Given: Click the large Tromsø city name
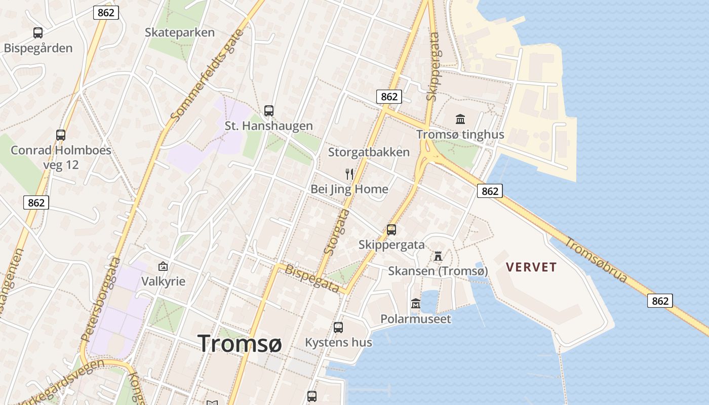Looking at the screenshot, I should (240, 343).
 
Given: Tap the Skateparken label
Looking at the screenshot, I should (180, 32).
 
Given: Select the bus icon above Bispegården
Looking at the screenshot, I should (38, 33).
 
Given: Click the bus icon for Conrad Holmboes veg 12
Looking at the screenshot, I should (61, 135).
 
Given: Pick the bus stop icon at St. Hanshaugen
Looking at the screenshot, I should (269, 111).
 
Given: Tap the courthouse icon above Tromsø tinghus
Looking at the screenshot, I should (460, 119).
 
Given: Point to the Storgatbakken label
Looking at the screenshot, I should (369, 152).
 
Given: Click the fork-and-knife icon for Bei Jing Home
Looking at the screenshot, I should (349, 174).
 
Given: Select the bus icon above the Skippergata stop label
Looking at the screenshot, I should (391, 230).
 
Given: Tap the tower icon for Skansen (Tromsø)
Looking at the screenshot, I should (438, 256).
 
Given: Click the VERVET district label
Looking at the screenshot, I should (532, 267).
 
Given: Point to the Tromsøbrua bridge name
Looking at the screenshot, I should (596, 260).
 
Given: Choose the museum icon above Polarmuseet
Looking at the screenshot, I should (416, 304).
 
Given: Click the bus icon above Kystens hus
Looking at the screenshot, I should (338, 328).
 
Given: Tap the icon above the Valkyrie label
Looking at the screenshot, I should (163, 266).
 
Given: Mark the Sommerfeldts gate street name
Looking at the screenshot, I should (207, 76).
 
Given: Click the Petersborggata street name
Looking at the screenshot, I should (100, 299).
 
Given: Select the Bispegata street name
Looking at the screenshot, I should (312, 278).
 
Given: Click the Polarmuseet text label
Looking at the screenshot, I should (416, 319).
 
